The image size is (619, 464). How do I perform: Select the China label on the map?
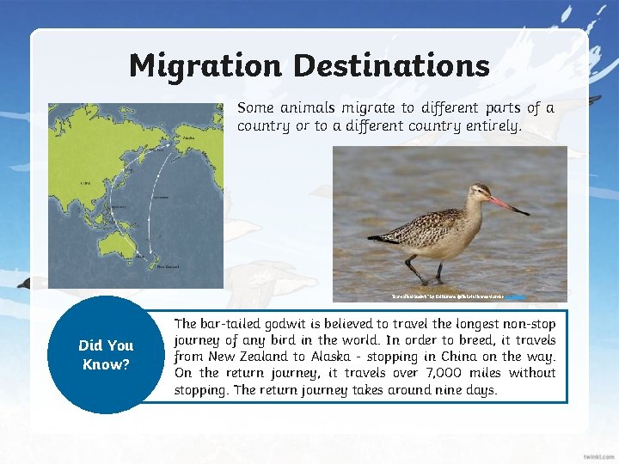click(x=84, y=183)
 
